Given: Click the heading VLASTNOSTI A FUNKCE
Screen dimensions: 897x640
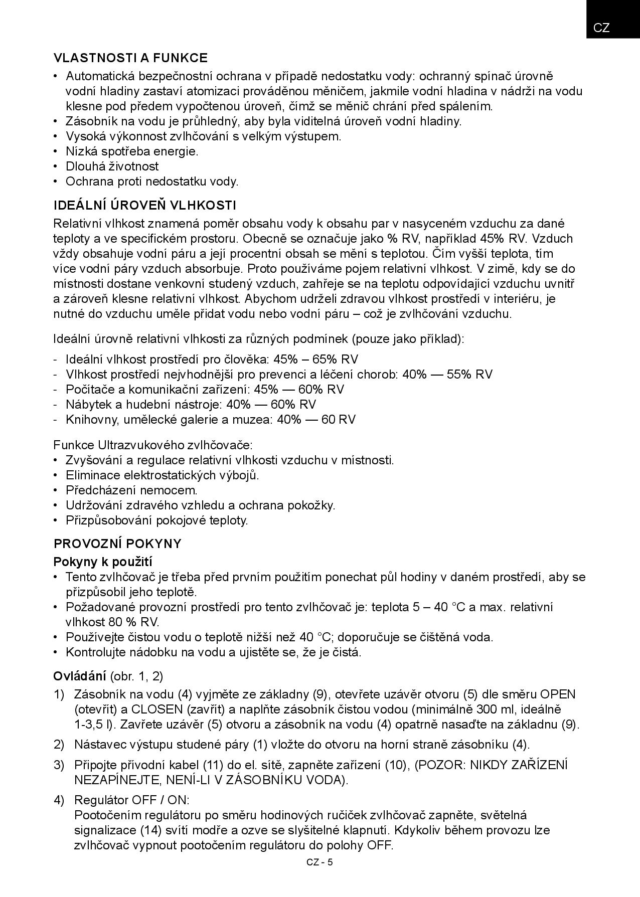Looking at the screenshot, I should coord(130,58).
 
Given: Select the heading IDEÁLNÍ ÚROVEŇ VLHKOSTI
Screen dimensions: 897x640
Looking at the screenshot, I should coord(144,206).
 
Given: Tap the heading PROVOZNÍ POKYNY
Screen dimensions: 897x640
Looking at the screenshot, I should coord(117,544).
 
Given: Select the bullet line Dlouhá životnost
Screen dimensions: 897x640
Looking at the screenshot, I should coord(112,166).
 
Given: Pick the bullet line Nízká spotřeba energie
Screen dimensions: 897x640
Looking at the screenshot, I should coord(132,151).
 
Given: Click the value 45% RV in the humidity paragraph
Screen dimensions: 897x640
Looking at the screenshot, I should coord(502,239).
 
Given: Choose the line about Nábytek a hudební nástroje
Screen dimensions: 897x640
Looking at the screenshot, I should coord(191,405).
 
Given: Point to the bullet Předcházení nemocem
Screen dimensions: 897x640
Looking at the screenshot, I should coord(131,490).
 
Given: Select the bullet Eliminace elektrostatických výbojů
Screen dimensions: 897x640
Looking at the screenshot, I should coord(162,475).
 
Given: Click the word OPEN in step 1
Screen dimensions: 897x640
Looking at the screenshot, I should coord(558,695).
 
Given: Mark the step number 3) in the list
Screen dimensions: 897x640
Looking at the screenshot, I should coord(59,765).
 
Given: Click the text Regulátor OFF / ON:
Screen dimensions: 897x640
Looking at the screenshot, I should coord(131,800).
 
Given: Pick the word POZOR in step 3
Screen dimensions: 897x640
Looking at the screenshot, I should coord(437,765).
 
